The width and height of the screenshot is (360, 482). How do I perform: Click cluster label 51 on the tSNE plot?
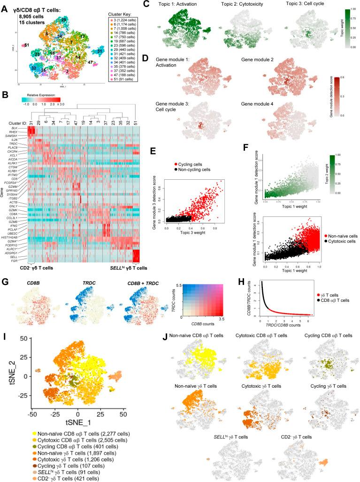pyautogui.click(x=27, y=45)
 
